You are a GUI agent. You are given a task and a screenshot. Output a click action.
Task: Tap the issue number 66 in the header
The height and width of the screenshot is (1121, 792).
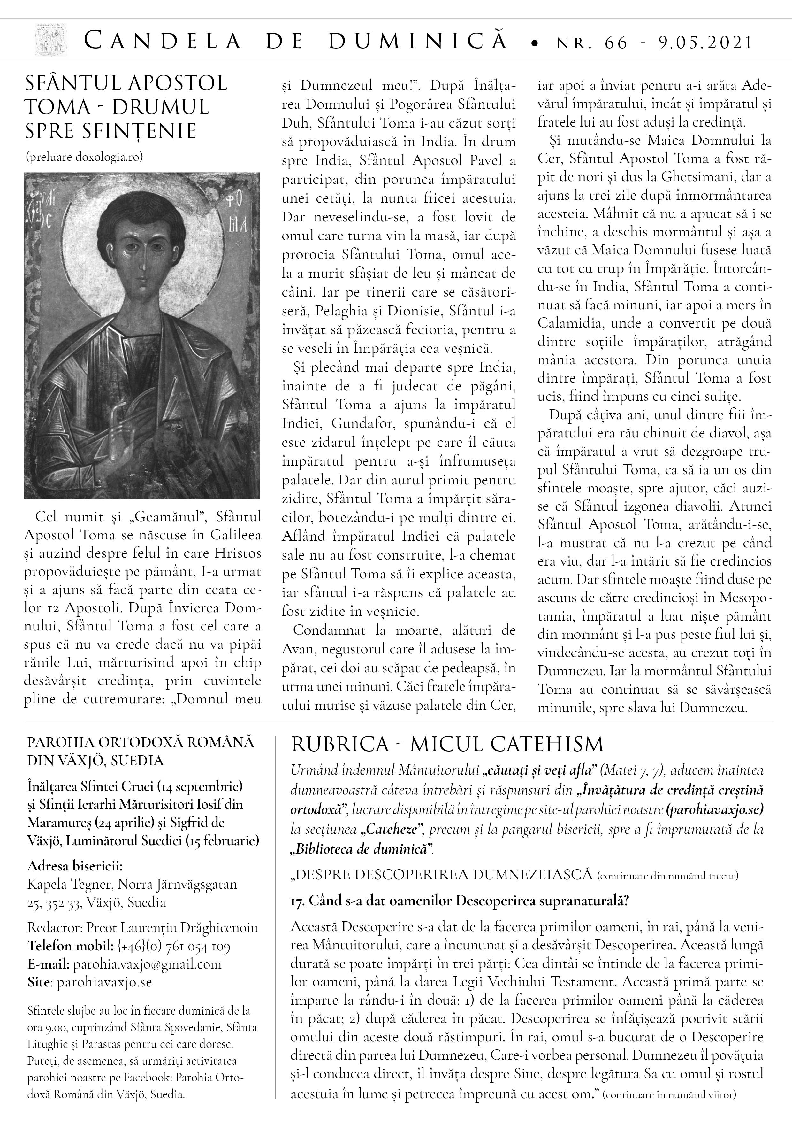pos(615,43)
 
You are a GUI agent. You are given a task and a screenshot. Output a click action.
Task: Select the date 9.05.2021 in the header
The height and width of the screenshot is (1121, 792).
pos(705,43)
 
